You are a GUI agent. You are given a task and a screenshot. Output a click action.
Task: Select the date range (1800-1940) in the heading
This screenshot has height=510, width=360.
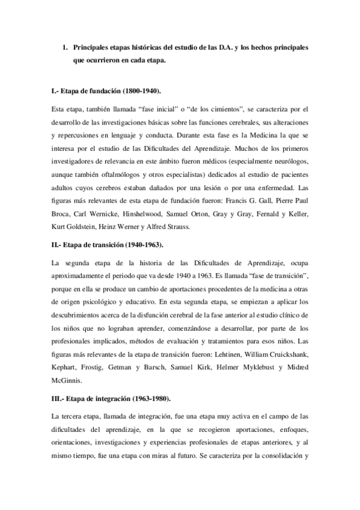tap(139, 91)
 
